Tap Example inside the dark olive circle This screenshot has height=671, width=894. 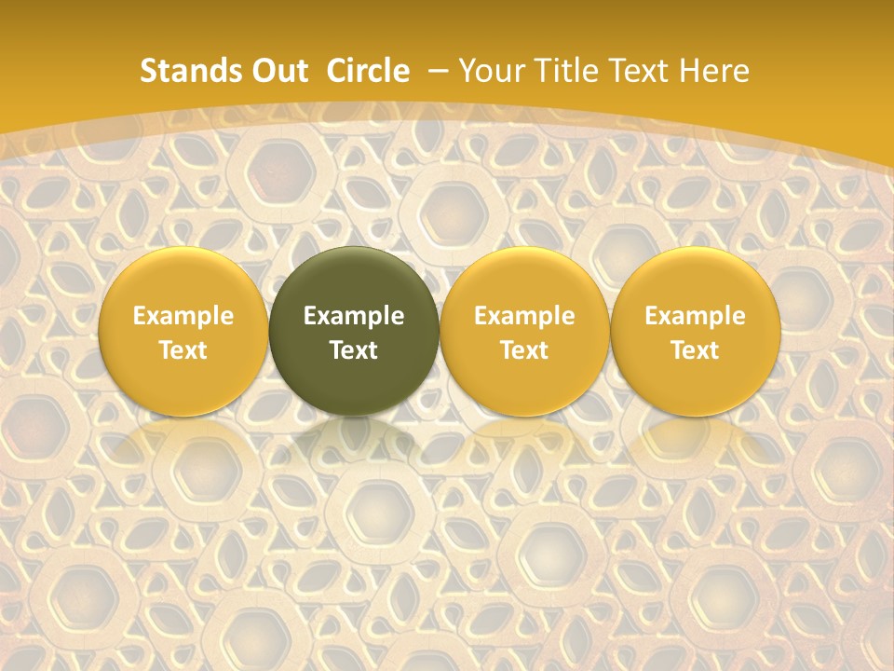(x=354, y=316)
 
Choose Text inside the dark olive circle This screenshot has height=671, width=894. (x=354, y=350)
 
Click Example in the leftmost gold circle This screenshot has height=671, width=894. (x=183, y=316)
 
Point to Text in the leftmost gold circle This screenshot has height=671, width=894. (x=183, y=350)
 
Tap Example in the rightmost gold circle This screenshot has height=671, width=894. (x=696, y=316)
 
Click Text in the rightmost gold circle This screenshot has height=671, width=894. (x=696, y=350)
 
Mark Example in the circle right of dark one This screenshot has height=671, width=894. (x=524, y=316)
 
